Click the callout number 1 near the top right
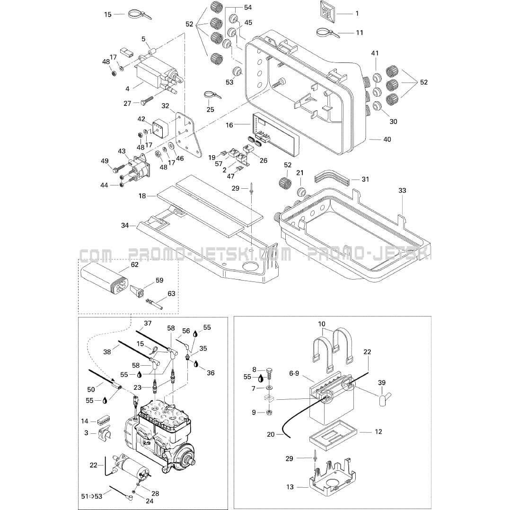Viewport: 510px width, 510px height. click(x=357, y=13)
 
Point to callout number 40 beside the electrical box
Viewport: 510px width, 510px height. click(x=387, y=139)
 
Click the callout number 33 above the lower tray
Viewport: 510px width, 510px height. click(x=402, y=190)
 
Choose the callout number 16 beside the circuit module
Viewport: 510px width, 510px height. click(x=229, y=125)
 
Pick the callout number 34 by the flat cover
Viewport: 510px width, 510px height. click(x=125, y=225)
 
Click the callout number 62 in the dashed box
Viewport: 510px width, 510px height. click(x=134, y=264)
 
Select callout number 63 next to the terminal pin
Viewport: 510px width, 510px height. click(x=171, y=293)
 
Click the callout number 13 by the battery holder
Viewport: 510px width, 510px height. click(x=290, y=487)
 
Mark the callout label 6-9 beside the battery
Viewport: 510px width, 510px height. click(x=294, y=373)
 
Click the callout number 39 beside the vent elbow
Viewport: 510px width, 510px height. click(x=381, y=382)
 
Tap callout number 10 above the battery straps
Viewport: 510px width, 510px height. click(x=322, y=324)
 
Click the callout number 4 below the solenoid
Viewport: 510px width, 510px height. click(x=128, y=89)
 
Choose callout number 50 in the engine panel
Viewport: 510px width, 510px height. click(x=91, y=389)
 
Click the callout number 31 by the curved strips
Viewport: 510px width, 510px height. click(x=365, y=179)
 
